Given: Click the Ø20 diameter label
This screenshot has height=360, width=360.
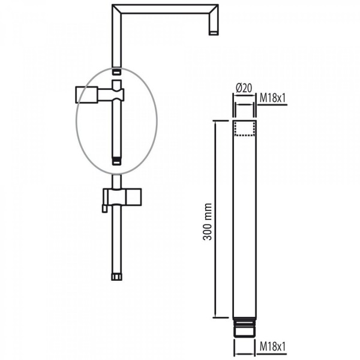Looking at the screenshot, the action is pyautogui.click(x=244, y=88).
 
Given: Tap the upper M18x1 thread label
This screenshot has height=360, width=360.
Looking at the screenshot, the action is pyautogui.click(x=272, y=98).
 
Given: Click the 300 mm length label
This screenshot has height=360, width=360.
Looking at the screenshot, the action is pyautogui.click(x=208, y=221).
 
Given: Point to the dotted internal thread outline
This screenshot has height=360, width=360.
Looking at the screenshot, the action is pyautogui.click(x=245, y=129).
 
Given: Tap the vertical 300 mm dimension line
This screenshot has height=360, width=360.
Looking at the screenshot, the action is pyautogui.click(x=215, y=219).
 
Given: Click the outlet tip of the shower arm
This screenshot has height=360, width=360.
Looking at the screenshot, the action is pyautogui.click(x=214, y=33).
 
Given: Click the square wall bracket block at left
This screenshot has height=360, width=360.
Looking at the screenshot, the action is pyautogui.click(x=87, y=95).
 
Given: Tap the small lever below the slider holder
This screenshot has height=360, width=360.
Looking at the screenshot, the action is pyautogui.click(x=104, y=208).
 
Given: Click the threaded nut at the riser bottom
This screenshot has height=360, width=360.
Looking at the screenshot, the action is pyautogui.click(x=116, y=277).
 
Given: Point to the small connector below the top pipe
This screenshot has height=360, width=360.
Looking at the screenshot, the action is pyautogui.click(x=116, y=71).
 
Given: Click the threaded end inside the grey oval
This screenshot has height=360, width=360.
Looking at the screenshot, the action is pyautogui.click(x=116, y=161).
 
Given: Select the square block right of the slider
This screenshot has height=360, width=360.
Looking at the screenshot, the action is pyautogui.click(x=134, y=197).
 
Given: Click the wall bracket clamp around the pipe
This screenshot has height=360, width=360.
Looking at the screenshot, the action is pyautogui.click(x=118, y=95).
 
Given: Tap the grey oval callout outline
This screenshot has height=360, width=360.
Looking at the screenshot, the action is pyautogui.click(x=76, y=121).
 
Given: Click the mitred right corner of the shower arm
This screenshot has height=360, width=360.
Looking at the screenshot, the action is pyautogui.click(x=213, y=9).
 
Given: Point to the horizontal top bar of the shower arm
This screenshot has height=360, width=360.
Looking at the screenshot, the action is pyautogui.click(x=165, y=9).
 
